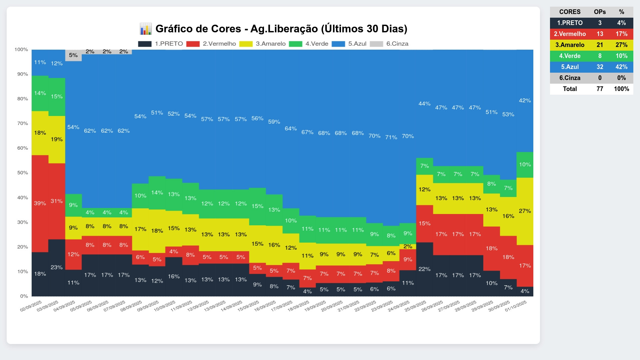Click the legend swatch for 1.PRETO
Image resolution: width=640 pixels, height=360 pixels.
(x=145, y=44)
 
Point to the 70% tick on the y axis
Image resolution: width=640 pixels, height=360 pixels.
(x=23, y=123)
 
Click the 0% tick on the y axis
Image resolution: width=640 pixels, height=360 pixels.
(x=24, y=296)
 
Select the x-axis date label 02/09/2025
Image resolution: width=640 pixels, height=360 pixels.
(x=31, y=306)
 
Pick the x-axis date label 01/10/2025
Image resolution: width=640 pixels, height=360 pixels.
(x=516, y=306)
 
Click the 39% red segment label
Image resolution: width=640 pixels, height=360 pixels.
(x=40, y=203)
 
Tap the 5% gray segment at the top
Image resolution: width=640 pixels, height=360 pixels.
(x=73, y=55)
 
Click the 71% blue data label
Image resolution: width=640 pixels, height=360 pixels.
(x=391, y=137)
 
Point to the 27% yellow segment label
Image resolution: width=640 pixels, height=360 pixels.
(x=525, y=211)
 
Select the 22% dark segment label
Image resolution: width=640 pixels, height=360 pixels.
(x=424, y=269)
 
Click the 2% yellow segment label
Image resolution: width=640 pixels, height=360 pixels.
(x=408, y=246)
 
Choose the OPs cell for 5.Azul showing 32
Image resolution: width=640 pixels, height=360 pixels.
(x=600, y=67)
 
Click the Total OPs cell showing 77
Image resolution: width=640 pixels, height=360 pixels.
(x=600, y=89)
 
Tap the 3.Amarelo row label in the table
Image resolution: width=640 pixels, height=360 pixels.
(x=570, y=45)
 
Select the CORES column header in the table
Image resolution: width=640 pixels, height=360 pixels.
(x=570, y=12)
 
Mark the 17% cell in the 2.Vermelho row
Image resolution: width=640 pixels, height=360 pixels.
(x=621, y=34)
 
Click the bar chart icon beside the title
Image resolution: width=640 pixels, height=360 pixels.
(x=146, y=29)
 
